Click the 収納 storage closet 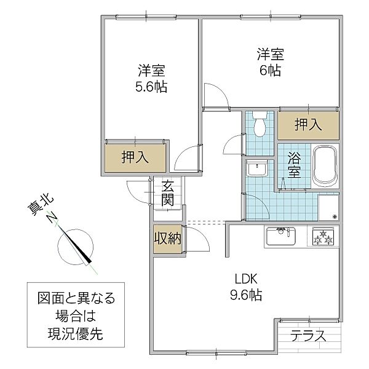pos(167,239)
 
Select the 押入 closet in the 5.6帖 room pos(135,157)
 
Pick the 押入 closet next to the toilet pos(308,125)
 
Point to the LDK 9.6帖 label pos(245,287)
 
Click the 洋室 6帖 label pos(269,61)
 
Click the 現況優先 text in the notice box pos(77,335)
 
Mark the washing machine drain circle pos(335,216)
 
